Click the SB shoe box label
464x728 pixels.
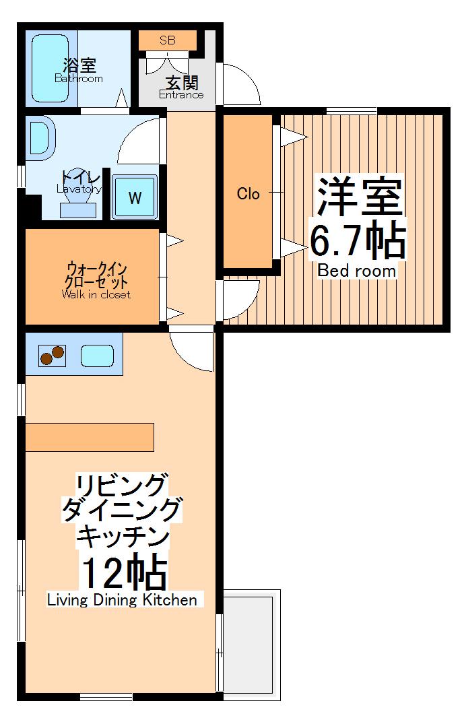[x=168, y=40]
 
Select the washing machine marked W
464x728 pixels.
[x=135, y=197]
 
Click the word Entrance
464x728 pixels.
[x=181, y=95]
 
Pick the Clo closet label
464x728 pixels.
[x=248, y=194]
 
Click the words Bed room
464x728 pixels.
[x=357, y=271]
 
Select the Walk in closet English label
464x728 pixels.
[x=96, y=294]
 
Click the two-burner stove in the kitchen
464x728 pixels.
[x=52, y=354]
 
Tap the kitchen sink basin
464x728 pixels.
[x=97, y=355]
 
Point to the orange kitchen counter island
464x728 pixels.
[x=90, y=437]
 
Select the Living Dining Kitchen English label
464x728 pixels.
[x=122, y=600]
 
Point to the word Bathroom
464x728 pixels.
[x=79, y=79]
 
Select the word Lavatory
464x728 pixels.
[x=79, y=189]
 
